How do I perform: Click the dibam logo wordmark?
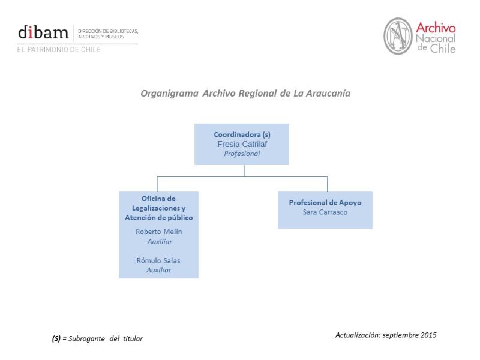tap(43, 32)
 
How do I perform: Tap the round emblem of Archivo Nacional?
tap(398, 36)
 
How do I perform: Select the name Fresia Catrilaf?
tap(242, 144)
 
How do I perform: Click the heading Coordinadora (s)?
tap(242, 134)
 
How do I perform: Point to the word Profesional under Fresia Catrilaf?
tap(242, 154)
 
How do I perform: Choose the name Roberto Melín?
tap(158, 232)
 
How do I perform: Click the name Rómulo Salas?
tap(158, 260)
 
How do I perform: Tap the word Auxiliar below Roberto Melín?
tap(160, 242)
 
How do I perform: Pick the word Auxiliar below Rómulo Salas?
tap(158, 270)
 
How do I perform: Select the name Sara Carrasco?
tap(325, 212)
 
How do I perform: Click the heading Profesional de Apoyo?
tap(325, 203)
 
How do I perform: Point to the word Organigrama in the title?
tap(170, 94)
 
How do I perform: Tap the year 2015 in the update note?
tap(428, 335)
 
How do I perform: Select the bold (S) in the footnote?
tap(56, 338)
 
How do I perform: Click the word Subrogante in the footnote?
tap(86, 338)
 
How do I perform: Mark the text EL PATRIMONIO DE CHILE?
tap(59, 50)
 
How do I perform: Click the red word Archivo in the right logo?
tap(436, 28)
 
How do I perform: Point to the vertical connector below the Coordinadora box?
tap(244, 171)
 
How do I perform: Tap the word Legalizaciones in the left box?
tap(157, 208)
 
